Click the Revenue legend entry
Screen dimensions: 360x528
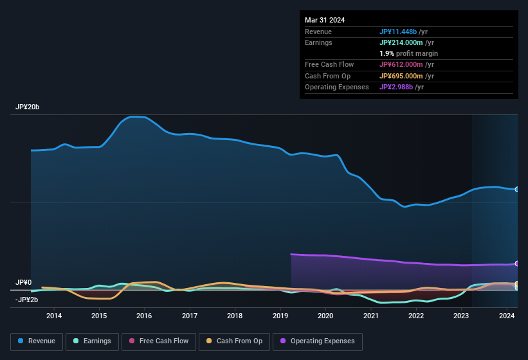point(37,341)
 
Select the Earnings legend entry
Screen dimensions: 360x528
point(93,341)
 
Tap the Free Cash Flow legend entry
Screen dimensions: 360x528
point(158,341)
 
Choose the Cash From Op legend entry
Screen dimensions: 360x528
point(234,341)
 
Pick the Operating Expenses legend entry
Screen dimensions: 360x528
point(318,341)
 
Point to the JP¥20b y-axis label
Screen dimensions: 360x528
point(28,107)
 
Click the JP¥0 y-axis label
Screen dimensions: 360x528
point(23,282)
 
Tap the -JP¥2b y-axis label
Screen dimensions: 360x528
point(27,300)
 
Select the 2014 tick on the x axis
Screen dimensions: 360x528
point(54,316)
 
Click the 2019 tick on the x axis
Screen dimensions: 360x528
point(280,316)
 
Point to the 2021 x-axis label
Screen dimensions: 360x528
point(371,316)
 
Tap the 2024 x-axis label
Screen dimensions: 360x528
point(507,316)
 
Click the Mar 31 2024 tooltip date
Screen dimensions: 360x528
point(325,20)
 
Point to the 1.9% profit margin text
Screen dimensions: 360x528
point(408,53)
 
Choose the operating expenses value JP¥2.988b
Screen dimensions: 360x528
point(399,87)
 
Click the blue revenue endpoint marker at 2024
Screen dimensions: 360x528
point(516,190)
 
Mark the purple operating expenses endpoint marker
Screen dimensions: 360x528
point(516,264)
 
